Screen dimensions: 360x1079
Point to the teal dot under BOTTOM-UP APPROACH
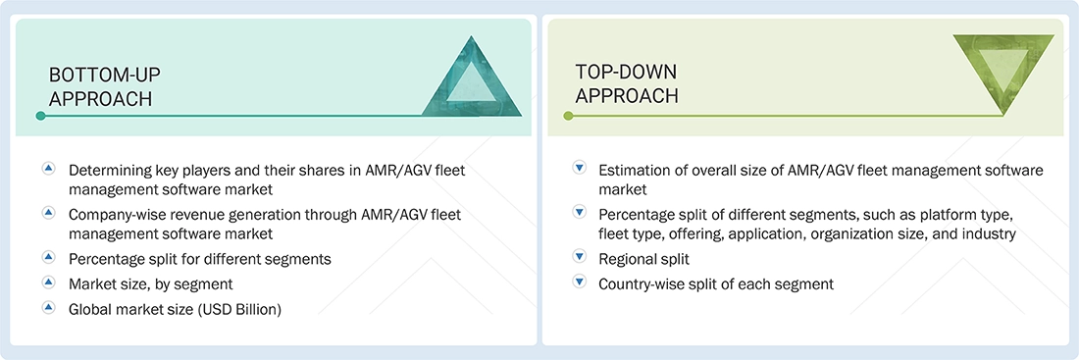40,116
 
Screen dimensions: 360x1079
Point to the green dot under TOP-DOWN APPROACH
568,116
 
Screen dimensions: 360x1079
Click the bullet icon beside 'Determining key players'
47,169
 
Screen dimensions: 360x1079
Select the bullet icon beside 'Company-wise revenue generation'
47,211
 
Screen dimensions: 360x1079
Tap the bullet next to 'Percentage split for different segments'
47,257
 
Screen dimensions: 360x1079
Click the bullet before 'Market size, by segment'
47,283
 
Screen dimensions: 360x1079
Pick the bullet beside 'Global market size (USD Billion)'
47,307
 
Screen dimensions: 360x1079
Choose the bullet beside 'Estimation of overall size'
579,169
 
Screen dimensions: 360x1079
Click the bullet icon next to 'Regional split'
579,257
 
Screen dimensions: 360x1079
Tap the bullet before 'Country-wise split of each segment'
579,283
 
